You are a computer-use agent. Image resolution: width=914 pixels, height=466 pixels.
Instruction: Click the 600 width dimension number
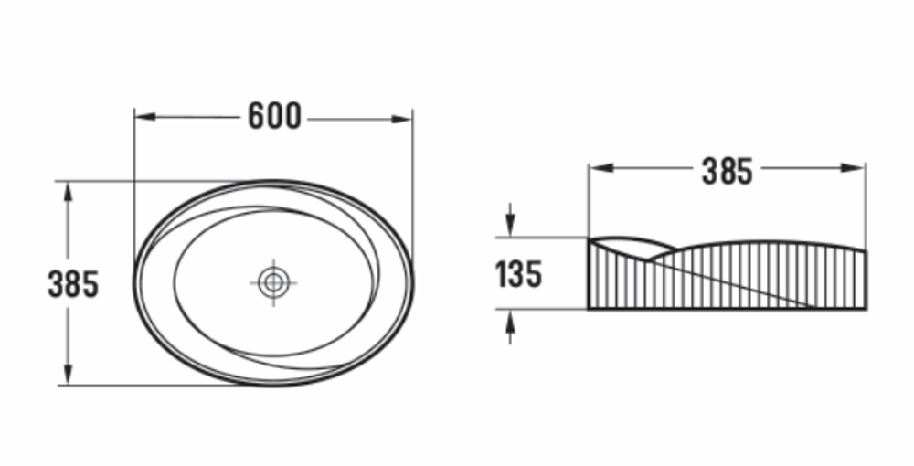point(274,116)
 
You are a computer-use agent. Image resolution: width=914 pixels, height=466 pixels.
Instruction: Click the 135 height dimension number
point(518,274)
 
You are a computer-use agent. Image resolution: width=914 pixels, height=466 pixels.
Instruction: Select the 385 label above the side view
point(727,171)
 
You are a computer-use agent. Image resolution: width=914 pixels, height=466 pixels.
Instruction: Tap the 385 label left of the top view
point(73,284)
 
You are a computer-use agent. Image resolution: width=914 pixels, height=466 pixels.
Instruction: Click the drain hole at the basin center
point(273,282)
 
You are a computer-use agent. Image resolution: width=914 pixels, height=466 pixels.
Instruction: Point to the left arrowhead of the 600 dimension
point(145,117)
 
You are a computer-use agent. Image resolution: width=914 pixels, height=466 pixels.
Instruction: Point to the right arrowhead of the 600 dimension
point(401,120)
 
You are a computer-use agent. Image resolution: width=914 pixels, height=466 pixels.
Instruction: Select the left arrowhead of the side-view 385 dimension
point(600,168)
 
